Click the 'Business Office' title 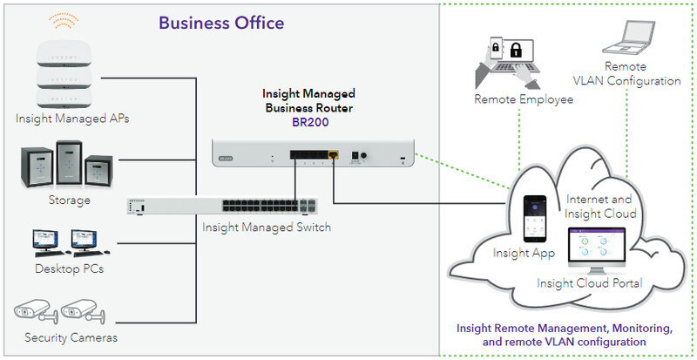click(221, 23)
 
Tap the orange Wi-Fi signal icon click(64, 20)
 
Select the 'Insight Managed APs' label click(72, 119)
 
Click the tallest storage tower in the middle click(70, 162)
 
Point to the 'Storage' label click(70, 200)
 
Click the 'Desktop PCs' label click(70, 268)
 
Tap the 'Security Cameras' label click(71, 337)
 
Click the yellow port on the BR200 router click(333, 155)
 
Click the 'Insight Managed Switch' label click(267, 227)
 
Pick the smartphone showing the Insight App click(535, 219)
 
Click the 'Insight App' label click(524, 253)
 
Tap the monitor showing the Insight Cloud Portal click(597, 250)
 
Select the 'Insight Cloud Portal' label click(590, 283)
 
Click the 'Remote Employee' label click(524, 99)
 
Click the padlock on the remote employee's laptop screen click(516, 50)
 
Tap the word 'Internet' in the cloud click(585, 199)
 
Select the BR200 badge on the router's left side click(227, 158)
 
